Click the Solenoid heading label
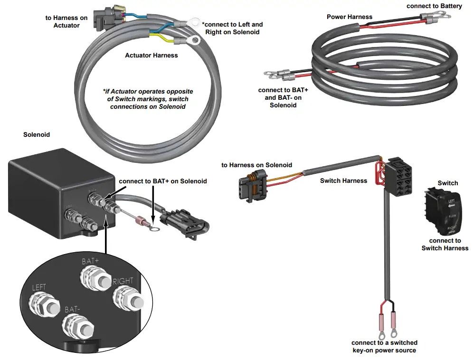coord(37,135)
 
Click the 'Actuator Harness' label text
coord(151,56)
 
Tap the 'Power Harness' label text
coord(350,17)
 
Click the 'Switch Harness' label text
coord(343,180)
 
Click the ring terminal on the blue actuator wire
coord(193,21)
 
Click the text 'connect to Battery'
coord(434,6)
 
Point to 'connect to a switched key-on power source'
coord(384,346)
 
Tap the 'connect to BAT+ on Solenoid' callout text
coord(162,181)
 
